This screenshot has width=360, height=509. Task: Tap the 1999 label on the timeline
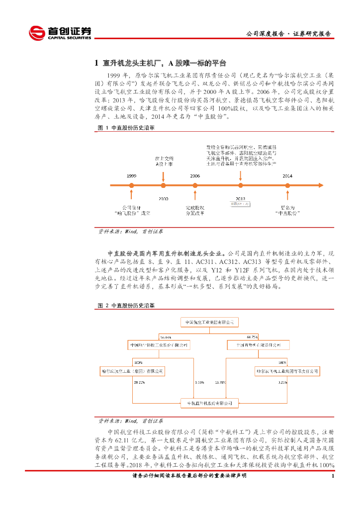131,176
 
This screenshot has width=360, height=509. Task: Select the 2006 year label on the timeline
195,176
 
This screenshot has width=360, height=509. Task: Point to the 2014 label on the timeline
287,176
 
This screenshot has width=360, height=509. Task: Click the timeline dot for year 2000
163,185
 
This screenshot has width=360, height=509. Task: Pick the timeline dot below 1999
131,185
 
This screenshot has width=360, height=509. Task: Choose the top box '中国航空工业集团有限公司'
212,322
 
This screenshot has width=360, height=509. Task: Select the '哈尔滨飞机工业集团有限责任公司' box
288,371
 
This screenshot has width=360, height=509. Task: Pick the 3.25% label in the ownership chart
283,383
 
